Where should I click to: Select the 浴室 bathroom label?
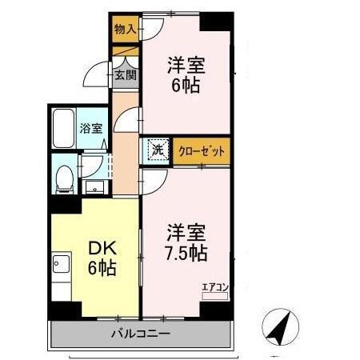click(x=90, y=127)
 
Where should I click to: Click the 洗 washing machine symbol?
click(x=158, y=149)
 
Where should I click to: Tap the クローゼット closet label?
click(x=202, y=150)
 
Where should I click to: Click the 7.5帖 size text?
click(x=187, y=253)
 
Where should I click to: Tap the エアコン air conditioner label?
click(x=214, y=286)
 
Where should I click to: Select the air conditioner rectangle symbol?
click(x=215, y=295)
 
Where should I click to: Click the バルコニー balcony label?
click(x=140, y=333)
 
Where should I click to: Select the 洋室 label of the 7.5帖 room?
click(x=186, y=233)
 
